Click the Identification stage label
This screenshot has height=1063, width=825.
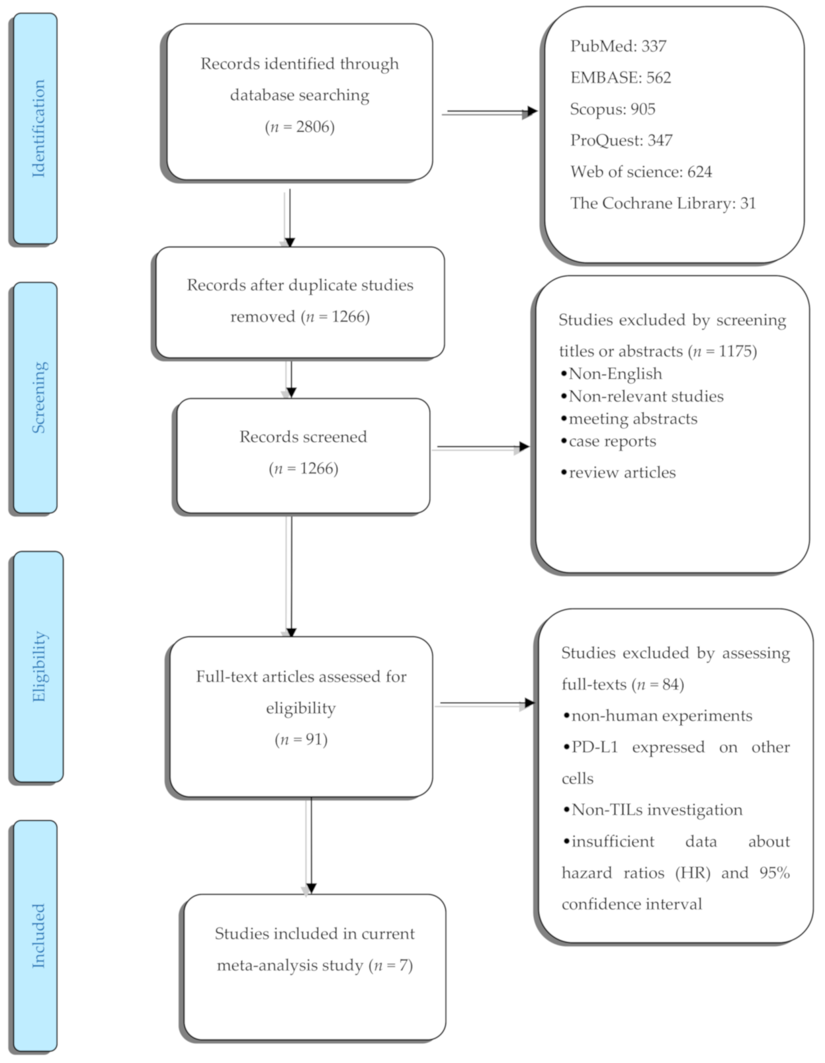38,128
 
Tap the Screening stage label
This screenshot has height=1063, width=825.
38,398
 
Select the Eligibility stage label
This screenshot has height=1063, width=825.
40,666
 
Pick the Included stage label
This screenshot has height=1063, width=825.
38,935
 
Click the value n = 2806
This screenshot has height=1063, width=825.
300,127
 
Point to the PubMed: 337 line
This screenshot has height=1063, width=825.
618,46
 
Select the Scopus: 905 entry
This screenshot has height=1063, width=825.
613,109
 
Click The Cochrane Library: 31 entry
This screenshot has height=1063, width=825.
662,203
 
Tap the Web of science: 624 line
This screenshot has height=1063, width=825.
640,172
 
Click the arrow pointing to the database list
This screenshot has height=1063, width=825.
489,113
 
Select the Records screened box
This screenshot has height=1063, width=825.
303,455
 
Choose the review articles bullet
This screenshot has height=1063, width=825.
618,472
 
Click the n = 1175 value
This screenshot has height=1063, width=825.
722,351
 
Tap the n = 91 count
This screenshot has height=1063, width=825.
301,740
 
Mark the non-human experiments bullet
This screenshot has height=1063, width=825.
658,716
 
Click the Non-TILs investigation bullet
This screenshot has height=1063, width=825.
653,810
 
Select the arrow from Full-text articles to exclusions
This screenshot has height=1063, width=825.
485,704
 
